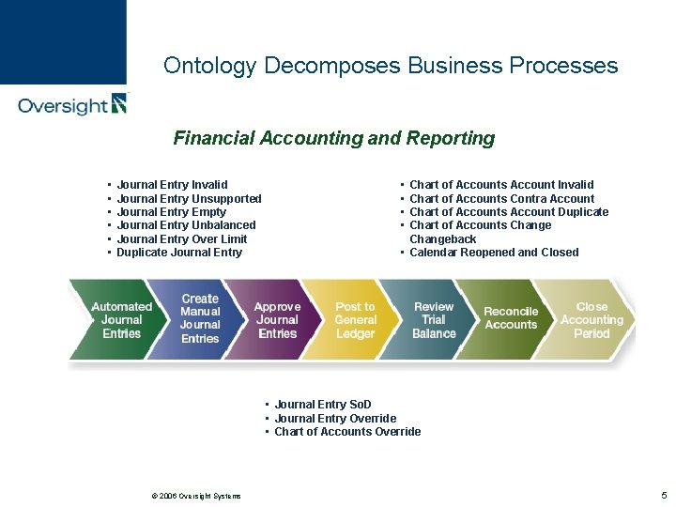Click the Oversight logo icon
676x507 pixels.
pyautogui.click(x=118, y=103)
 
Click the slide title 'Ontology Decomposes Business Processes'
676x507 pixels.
pyautogui.click(x=391, y=66)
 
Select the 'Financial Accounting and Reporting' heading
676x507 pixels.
pyautogui.click(x=333, y=138)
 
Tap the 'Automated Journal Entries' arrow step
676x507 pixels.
pyautogui.click(x=121, y=320)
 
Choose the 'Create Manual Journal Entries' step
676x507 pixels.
pyautogui.click(x=200, y=319)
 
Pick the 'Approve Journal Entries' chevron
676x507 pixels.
pyautogui.click(x=277, y=320)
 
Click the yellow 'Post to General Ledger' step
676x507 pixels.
pyautogui.click(x=355, y=320)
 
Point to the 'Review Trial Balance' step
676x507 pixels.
pyautogui.click(x=434, y=320)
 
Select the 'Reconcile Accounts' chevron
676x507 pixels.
pyautogui.click(x=511, y=318)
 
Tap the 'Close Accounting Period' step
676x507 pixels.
pyautogui.click(x=591, y=320)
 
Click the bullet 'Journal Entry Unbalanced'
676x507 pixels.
pyautogui.click(x=186, y=225)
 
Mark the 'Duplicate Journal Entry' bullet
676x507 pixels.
pyautogui.click(x=179, y=253)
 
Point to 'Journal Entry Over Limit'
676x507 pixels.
pyautogui.click(x=182, y=238)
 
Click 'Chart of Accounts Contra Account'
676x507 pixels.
pyautogui.click(x=501, y=199)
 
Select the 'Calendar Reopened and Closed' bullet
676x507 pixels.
pyautogui.click(x=494, y=253)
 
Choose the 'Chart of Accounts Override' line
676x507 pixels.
pyautogui.click(x=347, y=432)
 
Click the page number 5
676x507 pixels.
pyautogui.click(x=664, y=495)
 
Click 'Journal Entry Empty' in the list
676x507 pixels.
pyautogui.click(x=172, y=212)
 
